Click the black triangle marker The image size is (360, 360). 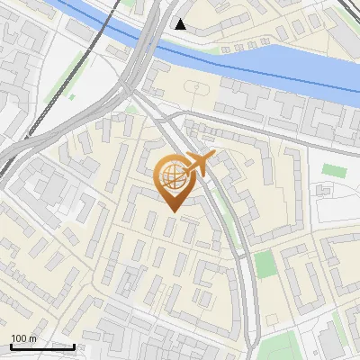click(181, 24)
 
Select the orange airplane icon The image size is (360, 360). click(198, 164)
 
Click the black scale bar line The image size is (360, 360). click(42, 346)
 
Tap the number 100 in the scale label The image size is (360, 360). click(19, 338)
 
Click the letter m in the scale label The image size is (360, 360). click(32, 338)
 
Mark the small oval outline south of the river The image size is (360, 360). click(196, 87)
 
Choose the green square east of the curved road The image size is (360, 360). click(264, 265)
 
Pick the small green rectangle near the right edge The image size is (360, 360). click(334, 168)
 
